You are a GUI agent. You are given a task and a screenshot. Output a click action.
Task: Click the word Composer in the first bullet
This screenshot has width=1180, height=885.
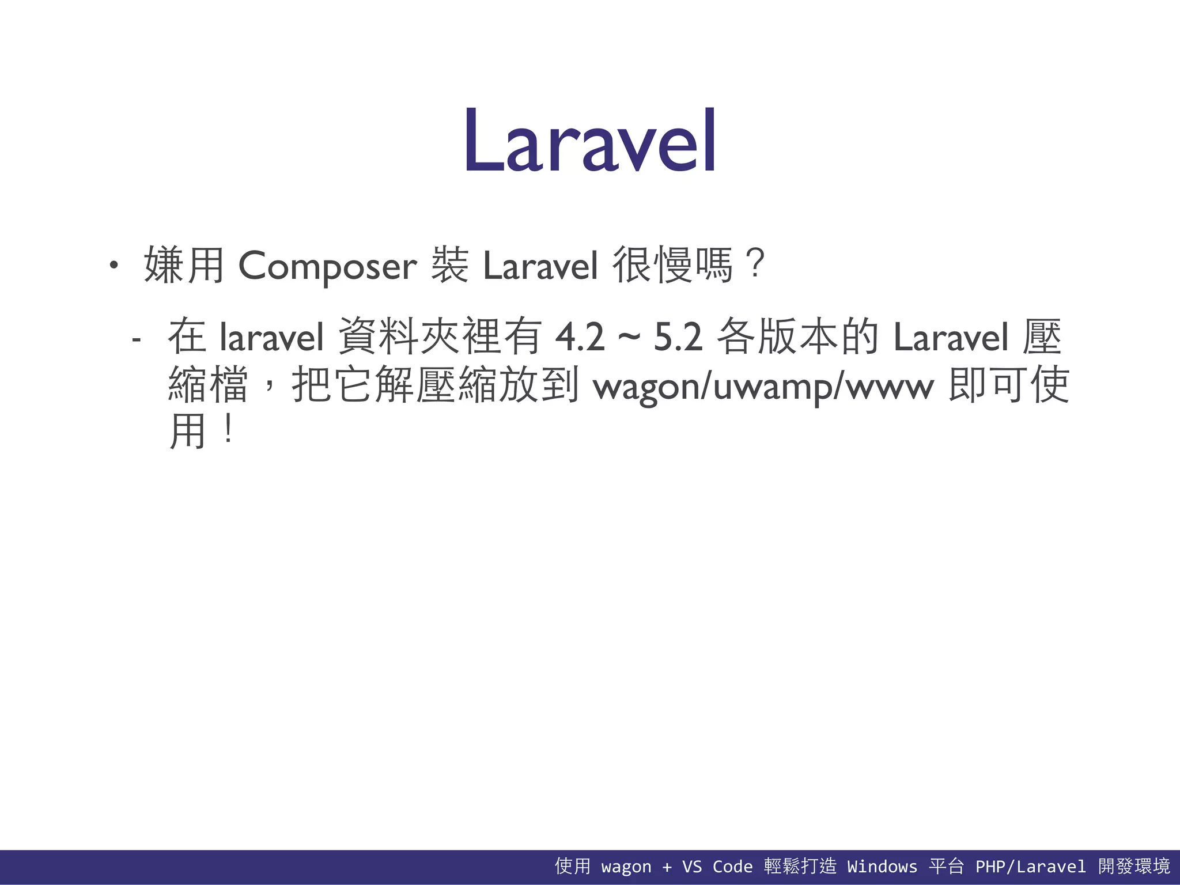[327, 266]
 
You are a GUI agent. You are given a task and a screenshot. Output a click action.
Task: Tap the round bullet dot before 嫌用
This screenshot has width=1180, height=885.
[114, 266]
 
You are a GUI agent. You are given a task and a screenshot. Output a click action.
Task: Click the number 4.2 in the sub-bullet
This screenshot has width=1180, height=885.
[580, 337]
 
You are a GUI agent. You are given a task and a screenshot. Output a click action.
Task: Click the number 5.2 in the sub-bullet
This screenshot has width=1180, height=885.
[678, 337]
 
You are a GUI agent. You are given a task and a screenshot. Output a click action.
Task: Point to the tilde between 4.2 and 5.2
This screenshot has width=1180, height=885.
[629, 337]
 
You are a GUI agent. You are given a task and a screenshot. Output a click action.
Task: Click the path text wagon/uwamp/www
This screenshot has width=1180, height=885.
[763, 387]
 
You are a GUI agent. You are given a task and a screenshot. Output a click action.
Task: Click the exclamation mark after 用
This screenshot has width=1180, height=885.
[229, 430]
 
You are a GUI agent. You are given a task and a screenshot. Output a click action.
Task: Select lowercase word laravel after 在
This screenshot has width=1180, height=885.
[272, 337]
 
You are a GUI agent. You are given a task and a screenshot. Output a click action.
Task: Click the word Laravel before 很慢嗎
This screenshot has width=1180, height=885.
[540, 266]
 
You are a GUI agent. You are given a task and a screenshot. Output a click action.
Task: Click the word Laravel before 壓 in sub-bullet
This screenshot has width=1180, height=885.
[951, 337]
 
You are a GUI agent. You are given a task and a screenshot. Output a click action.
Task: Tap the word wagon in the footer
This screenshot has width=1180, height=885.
[626, 867]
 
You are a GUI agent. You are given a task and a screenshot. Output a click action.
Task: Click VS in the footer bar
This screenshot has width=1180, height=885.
[691, 867]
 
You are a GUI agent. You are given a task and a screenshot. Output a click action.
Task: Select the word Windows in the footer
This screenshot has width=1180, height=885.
[882, 867]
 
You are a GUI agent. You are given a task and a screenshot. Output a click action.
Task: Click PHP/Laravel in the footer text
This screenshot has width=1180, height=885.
[1030, 867]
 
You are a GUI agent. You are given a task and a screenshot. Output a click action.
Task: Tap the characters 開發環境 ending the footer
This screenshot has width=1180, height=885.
[1134, 866]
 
